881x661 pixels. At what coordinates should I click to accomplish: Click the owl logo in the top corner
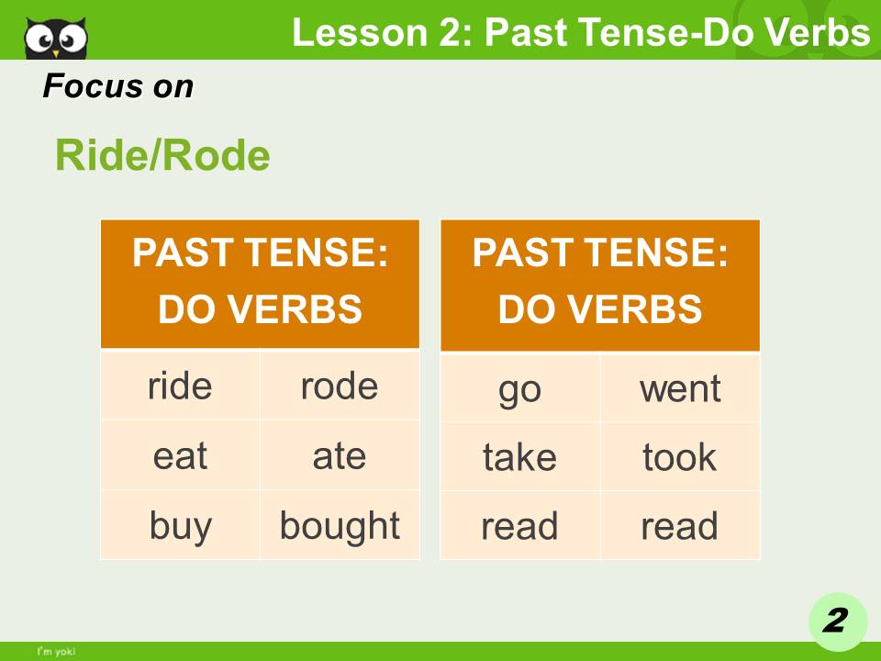tap(55, 37)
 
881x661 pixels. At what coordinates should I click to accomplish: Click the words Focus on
tap(117, 86)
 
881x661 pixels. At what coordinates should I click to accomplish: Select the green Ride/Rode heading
tap(162, 156)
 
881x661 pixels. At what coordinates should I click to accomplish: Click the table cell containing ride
tap(180, 386)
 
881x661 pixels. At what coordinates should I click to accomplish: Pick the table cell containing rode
tap(340, 386)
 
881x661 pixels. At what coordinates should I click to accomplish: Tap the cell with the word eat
tap(180, 455)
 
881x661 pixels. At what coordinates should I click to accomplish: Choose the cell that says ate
tap(340, 455)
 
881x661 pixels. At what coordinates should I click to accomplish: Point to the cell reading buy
tap(180, 525)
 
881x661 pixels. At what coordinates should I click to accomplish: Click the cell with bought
tap(340, 525)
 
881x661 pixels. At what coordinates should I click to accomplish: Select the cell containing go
tap(519, 387)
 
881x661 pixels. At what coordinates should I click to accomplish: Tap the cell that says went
tap(680, 387)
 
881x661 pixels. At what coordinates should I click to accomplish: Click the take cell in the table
tap(519, 456)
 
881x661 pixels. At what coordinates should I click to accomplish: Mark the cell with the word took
tap(680, 456)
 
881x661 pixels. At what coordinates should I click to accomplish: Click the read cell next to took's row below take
tap(519, 525)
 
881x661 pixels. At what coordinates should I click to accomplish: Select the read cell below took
tap(680, 525)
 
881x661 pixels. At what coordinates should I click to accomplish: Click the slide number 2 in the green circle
tap(836, 622)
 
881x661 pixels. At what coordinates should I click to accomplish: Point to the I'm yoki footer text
tap(56, 652)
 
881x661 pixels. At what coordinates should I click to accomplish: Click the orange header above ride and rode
tap(260, 283)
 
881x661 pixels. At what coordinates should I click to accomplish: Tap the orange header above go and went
tap(600, 283)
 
